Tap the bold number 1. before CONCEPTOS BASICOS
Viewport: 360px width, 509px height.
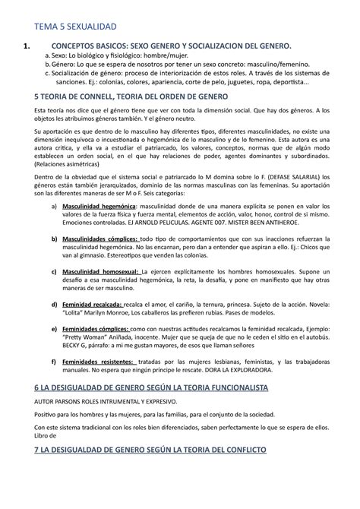pyautogui.click(x=28, y=52)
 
